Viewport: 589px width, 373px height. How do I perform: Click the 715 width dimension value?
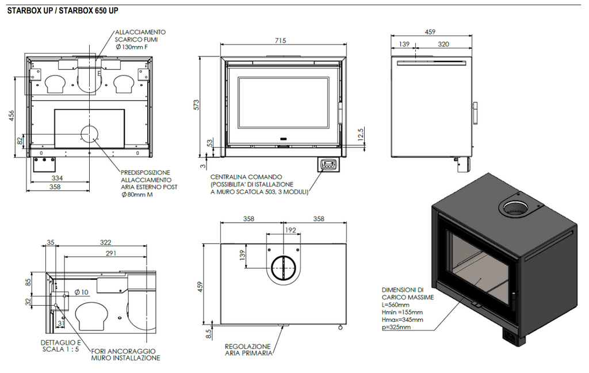(280, 40)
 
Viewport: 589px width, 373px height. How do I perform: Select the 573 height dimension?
(196, 104)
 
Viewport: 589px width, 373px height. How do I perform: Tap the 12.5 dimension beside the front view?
(361, 134)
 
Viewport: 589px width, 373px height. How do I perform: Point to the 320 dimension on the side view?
(443, 44)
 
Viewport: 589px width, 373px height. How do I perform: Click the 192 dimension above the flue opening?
(290, 229)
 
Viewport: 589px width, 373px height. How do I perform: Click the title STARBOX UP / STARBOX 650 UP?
(63, 11)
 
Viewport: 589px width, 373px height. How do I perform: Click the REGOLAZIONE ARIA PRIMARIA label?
(248, 349)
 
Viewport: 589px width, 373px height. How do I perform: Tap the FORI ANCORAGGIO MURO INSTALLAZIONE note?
(125, 354)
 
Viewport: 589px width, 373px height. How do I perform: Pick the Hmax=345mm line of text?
(402, 319)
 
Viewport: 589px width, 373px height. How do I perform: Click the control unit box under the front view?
(328, 165)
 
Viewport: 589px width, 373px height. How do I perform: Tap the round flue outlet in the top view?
(282, 268)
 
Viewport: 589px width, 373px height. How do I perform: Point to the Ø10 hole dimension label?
(81, 292)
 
